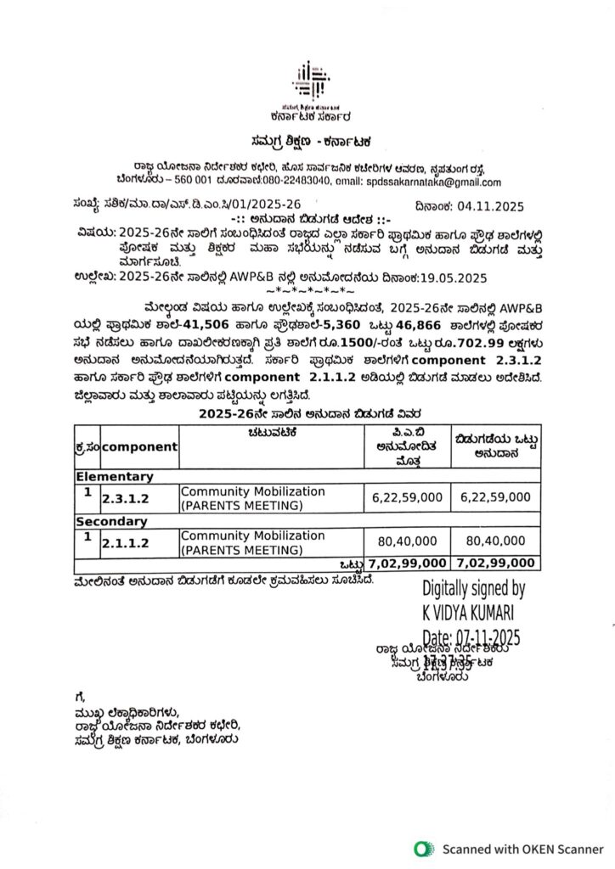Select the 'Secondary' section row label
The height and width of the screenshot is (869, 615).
click(x=112, y=521)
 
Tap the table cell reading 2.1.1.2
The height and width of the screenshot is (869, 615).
click(x=124, y=542)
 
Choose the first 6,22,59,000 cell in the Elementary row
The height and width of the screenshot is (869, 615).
click(x=406, y=497)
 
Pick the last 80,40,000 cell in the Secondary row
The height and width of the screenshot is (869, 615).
click(x=495, y=541)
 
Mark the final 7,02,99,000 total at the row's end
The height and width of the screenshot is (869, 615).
click(x=495, y=563)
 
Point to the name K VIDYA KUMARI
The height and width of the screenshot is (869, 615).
click(x=469, y=611)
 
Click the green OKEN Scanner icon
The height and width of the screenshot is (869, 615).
click(x=421, y=848)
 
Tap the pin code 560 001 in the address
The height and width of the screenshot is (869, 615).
click(x=187, y=182)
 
